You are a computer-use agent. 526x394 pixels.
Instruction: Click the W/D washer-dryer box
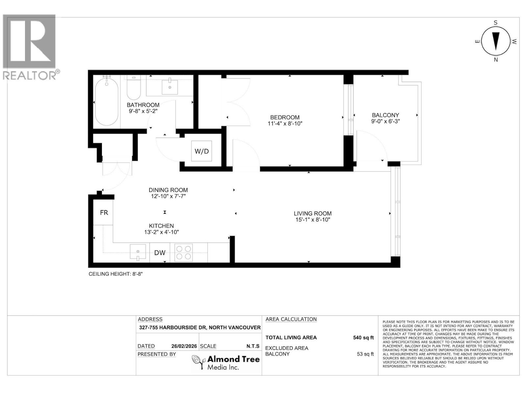[x=202, y=151]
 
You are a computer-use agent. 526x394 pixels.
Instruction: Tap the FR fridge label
[x=104, y=213]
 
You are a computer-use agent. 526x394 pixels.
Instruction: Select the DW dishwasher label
[x=160, y=253]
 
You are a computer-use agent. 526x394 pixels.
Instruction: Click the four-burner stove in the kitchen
[x=183, y=252]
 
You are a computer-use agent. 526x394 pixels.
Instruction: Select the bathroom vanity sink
[x=170, y=86]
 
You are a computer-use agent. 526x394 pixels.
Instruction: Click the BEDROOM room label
[x=285, y=117]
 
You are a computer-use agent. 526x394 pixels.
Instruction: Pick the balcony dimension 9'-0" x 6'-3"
[x=385, y=121]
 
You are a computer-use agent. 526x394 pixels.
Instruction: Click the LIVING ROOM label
[x=313, y=213]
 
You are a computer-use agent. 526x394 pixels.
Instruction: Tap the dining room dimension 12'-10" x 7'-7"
[x=168, y=196]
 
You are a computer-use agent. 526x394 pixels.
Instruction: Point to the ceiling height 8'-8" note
[x=116, y=274]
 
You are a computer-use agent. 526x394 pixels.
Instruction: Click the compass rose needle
[x=496, y=41]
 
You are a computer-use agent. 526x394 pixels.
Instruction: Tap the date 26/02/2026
[x=184, y=346]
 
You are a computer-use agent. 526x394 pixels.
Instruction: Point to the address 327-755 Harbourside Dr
[x=200, y=327]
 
